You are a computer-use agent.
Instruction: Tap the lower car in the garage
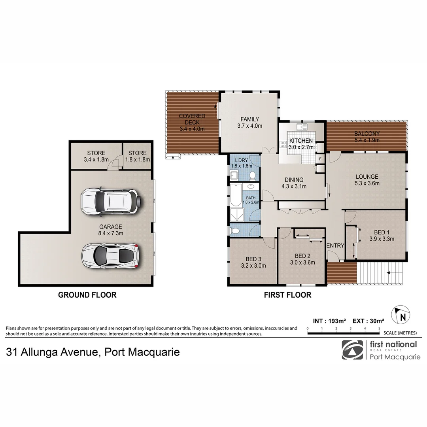click(x=110, y=255)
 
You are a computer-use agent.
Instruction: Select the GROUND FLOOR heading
click(x=87, y=295)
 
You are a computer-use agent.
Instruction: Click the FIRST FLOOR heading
click(x=287, y=295)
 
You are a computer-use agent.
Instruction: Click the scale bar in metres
click(x=343, y=333)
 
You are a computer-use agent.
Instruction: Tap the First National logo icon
click(x=352, y=350)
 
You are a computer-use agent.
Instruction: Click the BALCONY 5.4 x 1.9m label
click(x=367, y=137)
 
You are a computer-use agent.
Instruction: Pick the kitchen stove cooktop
click(x=283, y=144)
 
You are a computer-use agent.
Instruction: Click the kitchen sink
click(x=303, y=127)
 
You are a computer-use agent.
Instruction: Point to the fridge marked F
click(x=320, y=159)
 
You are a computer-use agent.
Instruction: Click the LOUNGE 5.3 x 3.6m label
click(x=367, y=180)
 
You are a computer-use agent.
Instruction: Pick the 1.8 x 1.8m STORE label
click(x=137, y=156)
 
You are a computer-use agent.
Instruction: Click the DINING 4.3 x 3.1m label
click(x=293, y=183)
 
